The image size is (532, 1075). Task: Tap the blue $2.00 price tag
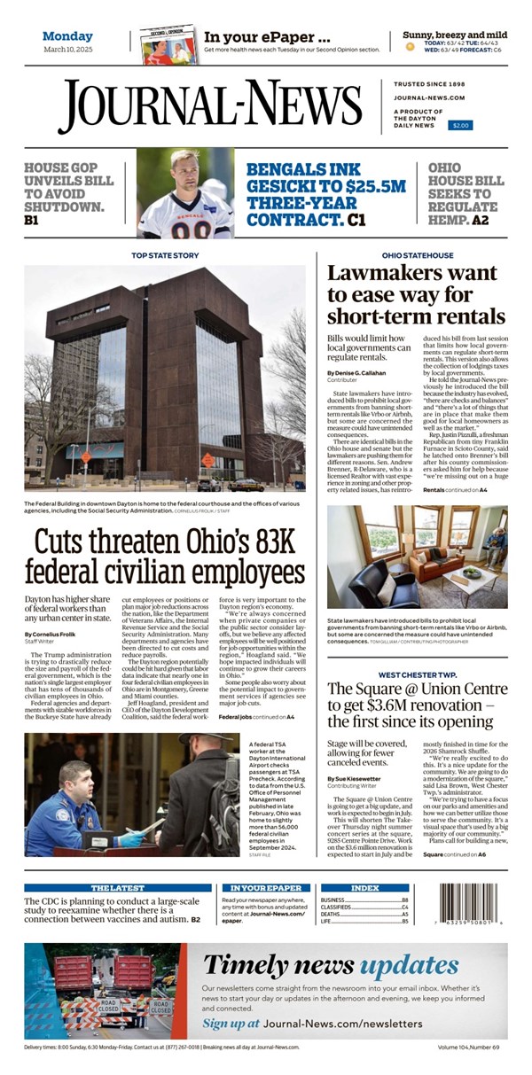460,126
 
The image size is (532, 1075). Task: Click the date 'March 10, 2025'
68,50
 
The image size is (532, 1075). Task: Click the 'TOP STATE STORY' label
165,255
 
